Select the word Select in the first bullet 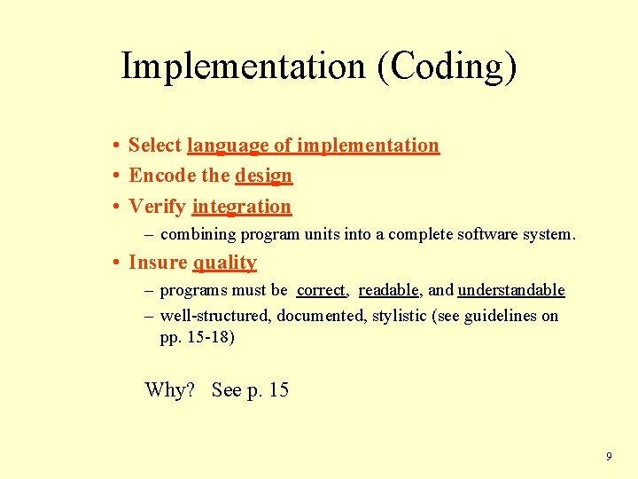point(155,145)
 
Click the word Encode point(157,176)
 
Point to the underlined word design point(263,176)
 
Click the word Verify point(157,207)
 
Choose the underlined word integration point(241,207)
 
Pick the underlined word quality point(225,263)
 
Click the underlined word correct point(321,290)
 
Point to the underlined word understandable point(511,290)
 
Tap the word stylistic point(399,316)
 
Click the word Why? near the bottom point(169,390)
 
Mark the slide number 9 point(608,457)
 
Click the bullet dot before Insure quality point(116,263)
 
